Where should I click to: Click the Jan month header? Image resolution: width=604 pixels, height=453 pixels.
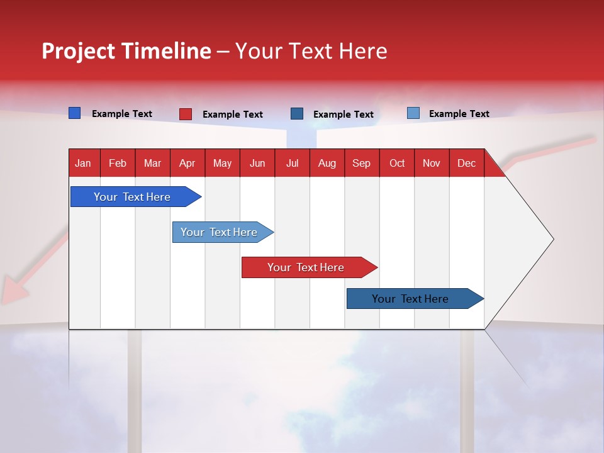pyautogui.click(x=83, y=163)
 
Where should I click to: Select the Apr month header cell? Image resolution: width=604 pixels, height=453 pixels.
pyautogui.click(x=187, y=163)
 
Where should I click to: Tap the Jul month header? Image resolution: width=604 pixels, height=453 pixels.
pyautogui.click(x=292, y=163)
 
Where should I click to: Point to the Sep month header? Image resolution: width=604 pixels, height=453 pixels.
pyautogui.click(x=361, y=163)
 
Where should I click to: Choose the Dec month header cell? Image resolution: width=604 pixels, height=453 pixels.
pyautogui.click(x=466, y=163)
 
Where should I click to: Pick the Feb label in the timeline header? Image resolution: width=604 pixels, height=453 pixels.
pyautogui.click(x=118, y=163)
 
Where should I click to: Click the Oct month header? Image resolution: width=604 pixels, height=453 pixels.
pyautogui.click(x=397, y=163)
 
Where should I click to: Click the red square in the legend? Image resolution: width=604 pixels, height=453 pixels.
pyautogui.click(x=186, y=114)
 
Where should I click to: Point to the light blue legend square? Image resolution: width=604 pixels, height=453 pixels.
pyautogui.click(x=413, y=113)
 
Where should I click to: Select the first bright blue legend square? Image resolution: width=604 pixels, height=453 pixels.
pyautogui.click(x=74, y=113)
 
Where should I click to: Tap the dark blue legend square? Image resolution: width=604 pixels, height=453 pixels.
pyautogui.click(x=297, y=113)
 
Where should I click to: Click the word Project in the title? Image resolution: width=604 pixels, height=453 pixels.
pyautogui.click(x=78, y=51)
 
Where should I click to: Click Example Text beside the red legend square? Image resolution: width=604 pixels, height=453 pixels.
pyautogui.click(x=233, y=115)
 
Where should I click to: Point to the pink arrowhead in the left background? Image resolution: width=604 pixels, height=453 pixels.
pyautogui.click(x=14, y=291)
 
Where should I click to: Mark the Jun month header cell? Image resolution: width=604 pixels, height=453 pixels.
pyautogui.click(x=257, y=163)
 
